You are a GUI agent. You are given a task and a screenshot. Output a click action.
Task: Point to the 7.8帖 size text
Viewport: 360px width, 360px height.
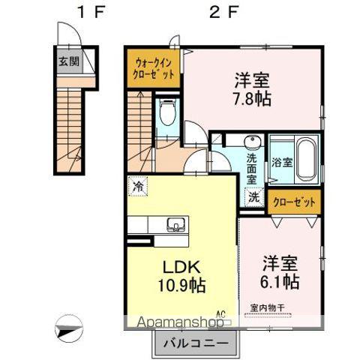tap(252, 97)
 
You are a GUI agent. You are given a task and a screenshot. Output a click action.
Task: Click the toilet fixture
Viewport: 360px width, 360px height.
tap(167, 113)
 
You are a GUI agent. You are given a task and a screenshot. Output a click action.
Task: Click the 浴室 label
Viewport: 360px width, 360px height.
tap(282, 161)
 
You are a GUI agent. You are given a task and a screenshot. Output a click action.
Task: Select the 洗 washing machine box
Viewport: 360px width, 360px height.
tap(254, 198)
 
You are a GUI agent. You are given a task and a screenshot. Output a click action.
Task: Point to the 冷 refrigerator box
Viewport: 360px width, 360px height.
tap(138, 184)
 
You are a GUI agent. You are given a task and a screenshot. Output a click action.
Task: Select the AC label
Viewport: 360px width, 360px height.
tap(221, 314)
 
